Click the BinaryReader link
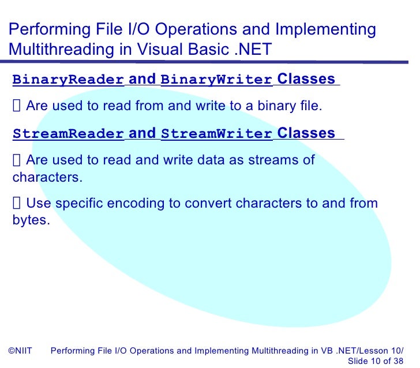click(68, 80)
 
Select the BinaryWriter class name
click(216, 80)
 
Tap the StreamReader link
click(68, 134)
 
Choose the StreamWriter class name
click(216, 134)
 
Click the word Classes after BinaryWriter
click(306, 79)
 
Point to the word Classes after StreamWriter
click(306, 133)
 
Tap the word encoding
click(147, 203)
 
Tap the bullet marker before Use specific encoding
click(17, 203)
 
